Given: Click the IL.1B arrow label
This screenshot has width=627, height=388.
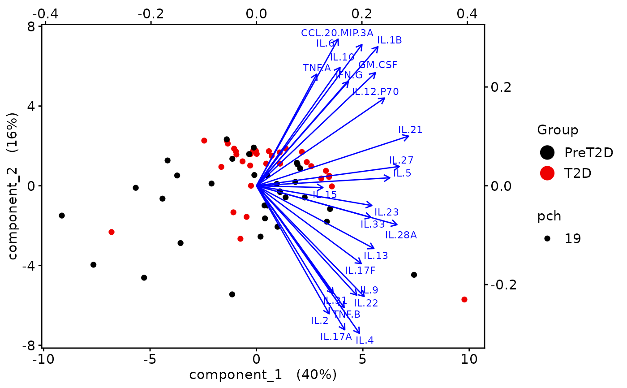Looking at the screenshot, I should (x=389, y=40).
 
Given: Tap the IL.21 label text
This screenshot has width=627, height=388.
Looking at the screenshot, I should (x=410, y=130).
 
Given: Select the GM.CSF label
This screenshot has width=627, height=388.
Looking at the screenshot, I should (x=378, y=65).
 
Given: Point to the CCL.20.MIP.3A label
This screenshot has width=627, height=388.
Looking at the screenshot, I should (x=337, y=33).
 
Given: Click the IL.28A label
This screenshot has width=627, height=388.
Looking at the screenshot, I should (x=401, y=235).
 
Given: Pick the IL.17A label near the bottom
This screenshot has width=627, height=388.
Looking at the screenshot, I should (x=336, y=336).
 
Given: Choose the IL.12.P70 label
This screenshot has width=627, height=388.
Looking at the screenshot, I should (x=375, y=92).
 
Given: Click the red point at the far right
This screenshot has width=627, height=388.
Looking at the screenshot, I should (x=464, y=299).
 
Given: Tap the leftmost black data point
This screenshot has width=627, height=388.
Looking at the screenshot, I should (x=62, y=216).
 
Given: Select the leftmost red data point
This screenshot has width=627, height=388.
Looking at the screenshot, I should (x=112, y=232).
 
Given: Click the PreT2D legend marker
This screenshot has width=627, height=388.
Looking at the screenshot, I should (x=547, y=153).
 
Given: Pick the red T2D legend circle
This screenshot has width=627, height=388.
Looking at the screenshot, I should (x=547, y=173).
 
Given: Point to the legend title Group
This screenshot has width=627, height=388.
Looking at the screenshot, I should (x=558, y=130).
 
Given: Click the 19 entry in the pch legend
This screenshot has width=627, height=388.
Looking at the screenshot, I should (x=572, y=239).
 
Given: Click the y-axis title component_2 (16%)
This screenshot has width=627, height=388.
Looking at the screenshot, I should (x=13, y=186).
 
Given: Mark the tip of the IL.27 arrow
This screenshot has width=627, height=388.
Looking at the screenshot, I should (x=399, y=166).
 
